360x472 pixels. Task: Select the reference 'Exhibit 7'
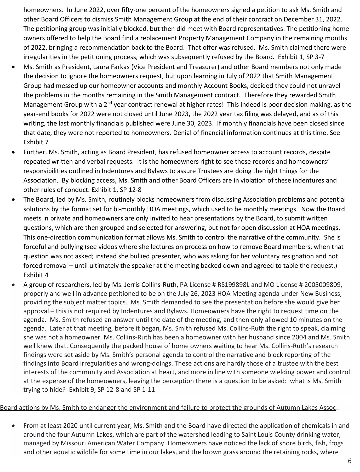click(x=36, y=142)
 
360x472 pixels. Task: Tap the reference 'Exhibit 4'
click(x=36, y=275)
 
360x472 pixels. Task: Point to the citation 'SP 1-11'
click(x=144, y=390)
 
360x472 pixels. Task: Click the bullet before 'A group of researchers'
click(x=14, y=285)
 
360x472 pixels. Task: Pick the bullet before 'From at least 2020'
click(x=14, y=426)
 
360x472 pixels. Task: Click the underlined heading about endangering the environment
click(x=168, y=408)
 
